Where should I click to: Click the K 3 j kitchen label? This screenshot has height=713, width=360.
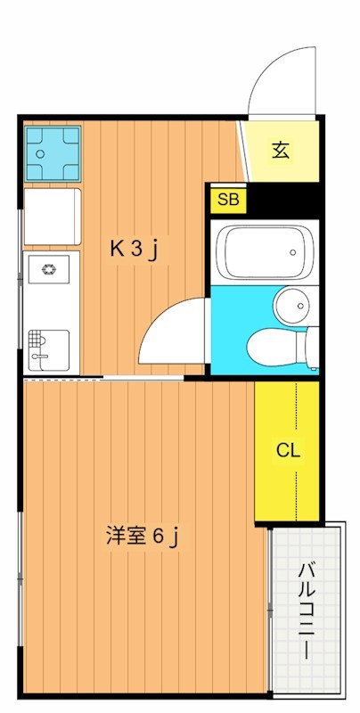pos(133,250)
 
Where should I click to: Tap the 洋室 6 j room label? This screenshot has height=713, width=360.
pos(142,537)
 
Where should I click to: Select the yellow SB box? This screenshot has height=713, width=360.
pos(228,200)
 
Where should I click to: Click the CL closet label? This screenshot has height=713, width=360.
pos(288,451)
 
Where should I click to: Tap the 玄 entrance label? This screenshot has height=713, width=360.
pos(281,151)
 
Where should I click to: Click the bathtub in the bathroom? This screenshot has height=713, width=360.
pos(266,252)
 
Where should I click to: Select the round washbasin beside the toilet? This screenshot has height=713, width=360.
pos(290,307)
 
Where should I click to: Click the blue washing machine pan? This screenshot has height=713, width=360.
pos(53,153)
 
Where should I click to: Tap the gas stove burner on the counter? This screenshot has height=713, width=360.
pos(48,269)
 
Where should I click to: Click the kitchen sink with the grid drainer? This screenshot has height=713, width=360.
pos(49,349)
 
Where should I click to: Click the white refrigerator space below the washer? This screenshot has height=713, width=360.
pos(53,217)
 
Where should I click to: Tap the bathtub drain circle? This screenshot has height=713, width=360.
pos(293,252)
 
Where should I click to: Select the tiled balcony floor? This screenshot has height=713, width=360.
pos(306,610)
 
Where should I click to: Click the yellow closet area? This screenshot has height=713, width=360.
pos(287,451)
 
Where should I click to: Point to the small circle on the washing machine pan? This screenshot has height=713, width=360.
pos(40,153)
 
